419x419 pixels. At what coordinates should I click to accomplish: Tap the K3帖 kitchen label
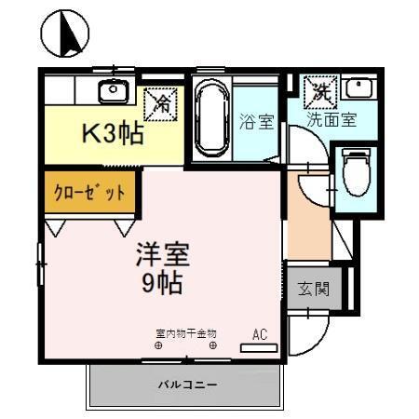point(109,133)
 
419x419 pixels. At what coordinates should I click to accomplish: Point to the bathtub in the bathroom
point(212,118)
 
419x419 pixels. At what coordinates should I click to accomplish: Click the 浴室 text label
point(255,121)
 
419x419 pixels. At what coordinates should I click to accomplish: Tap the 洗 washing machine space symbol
point(320,92)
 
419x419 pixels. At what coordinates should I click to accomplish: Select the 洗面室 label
point(332,119)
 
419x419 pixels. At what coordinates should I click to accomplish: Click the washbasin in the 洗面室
point(358,89)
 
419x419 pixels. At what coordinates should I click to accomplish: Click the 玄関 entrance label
point(314,289)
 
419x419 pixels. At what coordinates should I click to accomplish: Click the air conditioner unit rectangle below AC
point(259,347)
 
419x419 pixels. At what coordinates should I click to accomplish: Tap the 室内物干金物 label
point(185,332)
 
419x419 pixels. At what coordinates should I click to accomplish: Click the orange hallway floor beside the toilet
point(307,219)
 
